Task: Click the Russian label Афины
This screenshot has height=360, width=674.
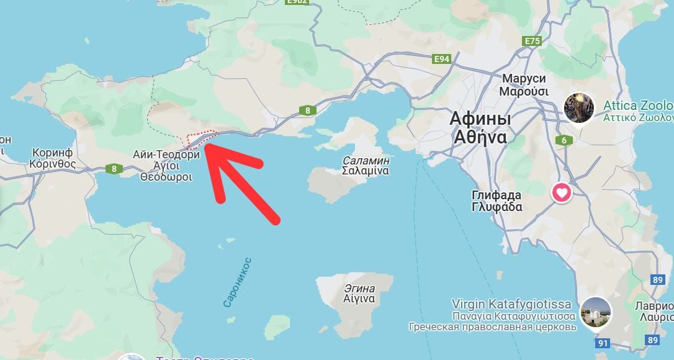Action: point(480,119)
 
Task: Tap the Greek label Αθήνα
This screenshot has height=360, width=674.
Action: point(480,137)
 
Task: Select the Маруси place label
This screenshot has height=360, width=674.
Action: point(524,79)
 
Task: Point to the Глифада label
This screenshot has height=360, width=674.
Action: point(497,195)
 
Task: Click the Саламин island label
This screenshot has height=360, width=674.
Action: point(366,160)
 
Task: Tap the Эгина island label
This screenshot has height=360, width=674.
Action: point(359,288)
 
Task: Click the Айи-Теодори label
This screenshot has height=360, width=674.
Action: point(166,155)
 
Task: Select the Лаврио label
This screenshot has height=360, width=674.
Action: point(654,306)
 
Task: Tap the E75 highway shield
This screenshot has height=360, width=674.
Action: point(532,41)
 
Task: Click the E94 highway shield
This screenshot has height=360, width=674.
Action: point(442,59)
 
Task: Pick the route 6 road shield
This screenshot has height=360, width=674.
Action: point(564,140)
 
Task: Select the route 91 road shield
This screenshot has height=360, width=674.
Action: point(602,343)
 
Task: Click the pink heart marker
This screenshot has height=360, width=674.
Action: point(562,193)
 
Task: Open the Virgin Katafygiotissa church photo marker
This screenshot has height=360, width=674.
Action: point(595,312)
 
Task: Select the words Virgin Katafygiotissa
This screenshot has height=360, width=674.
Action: point(511,304)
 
